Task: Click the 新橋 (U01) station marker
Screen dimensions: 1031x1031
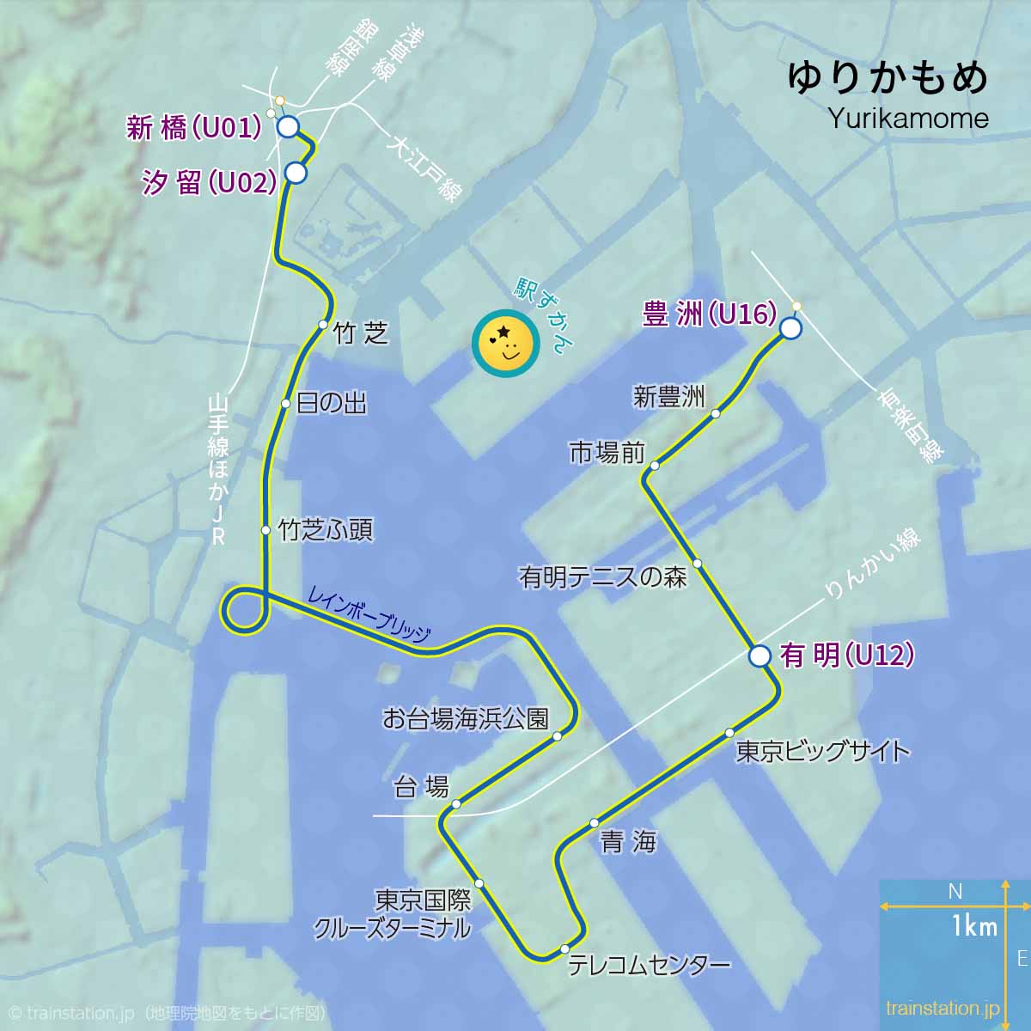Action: (288, 127)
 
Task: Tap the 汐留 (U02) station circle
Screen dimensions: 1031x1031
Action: (296, 173)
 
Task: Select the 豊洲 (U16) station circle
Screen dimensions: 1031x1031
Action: (790, 328)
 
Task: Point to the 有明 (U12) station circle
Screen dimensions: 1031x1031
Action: (760, 656)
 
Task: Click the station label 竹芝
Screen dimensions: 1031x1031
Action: (361, 333)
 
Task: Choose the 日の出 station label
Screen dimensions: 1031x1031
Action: (332, 404)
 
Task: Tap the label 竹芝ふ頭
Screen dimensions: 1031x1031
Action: (326, 530)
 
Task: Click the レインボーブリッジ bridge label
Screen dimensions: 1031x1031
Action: (369, 613)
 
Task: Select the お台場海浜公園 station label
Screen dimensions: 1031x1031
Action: (465, 718)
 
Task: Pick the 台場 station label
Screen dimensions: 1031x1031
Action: (421, 786)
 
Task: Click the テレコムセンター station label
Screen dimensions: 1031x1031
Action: (650, 965)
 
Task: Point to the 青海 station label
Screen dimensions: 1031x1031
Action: (628, 841)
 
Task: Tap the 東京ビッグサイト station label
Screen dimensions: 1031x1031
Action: (823, 751)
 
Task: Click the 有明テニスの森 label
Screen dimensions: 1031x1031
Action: (603, 577)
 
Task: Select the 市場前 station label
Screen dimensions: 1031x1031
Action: (607, 453)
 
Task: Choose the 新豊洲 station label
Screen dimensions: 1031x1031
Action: (668, 396)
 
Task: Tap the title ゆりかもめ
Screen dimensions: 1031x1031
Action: (888, 78)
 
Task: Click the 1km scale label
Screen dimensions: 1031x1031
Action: (974, 926)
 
